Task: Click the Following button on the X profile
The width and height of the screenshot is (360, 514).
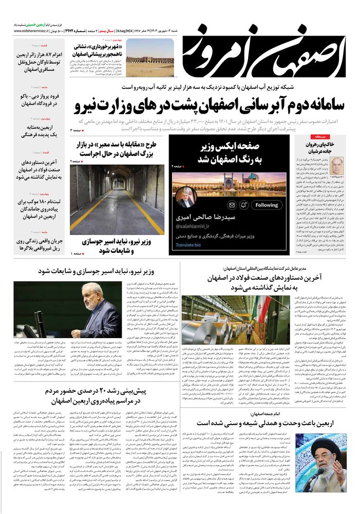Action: click(266, 205)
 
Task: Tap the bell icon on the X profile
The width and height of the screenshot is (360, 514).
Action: click(244, 205)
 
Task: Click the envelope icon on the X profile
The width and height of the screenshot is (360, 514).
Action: click(232, 205)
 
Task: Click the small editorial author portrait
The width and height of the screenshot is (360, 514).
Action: click(337, 166)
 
